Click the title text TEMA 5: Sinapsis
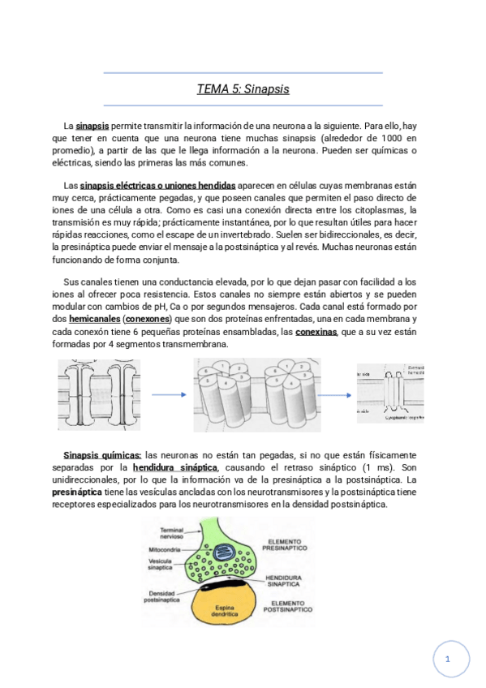243,89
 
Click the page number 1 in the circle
447,660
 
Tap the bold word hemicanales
93,320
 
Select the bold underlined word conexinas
317,332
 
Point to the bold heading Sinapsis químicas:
102,456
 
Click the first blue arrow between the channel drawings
169,395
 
